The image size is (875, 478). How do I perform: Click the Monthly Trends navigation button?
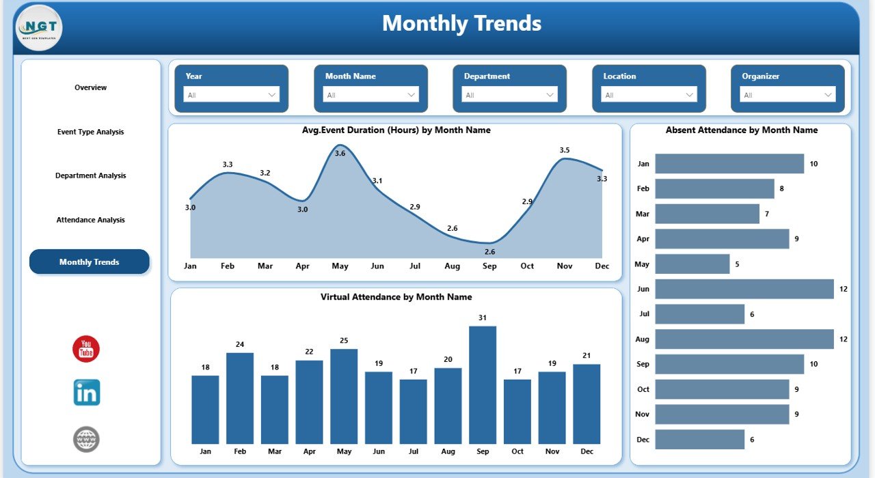click(89, 262)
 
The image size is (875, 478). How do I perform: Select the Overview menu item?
click(91, 87)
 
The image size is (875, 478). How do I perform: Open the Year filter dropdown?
click(231, 95)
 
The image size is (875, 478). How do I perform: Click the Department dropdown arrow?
click(550, 95)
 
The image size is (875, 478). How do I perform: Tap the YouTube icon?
click(86, 350)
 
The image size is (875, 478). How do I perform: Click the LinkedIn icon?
click(87, 393)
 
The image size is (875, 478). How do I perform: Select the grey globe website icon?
click(87, 439)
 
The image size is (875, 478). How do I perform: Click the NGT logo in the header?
click(39, 27)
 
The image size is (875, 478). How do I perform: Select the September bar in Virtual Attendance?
click(483, 385)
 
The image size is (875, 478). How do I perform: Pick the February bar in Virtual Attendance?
click(240, 398)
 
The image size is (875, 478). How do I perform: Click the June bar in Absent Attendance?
click(744, 289)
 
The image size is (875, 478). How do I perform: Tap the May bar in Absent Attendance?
click(692, 264)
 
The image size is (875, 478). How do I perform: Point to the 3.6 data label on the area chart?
click(340, 153)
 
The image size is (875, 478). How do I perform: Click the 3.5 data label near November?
click(565, 150)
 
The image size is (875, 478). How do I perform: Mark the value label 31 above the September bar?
click(483, 318)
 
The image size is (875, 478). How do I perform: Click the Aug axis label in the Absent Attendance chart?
click(643, 339)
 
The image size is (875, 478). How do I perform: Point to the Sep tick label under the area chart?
click(489, 266)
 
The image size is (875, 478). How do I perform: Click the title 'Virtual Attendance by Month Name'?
click(396, 297)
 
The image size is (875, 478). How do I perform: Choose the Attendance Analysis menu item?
click(91, 220)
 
